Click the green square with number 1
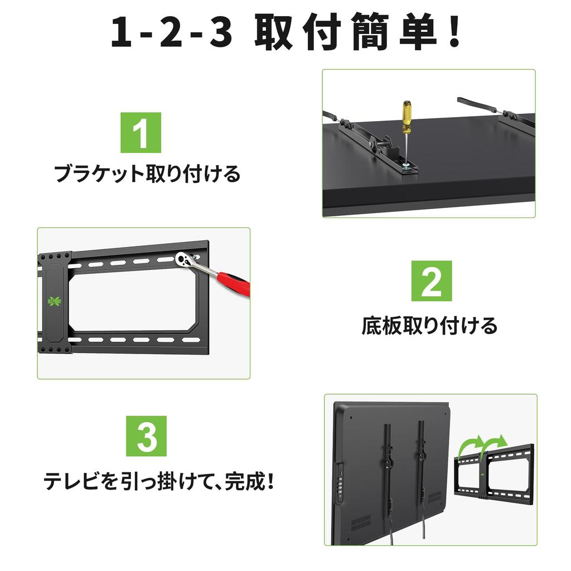coord(141,133)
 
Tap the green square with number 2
coord(432,281)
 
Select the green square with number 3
coord(147,436)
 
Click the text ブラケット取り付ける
coord(147,174)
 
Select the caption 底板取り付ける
coord(429,325)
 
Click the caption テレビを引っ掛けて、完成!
coord(159,481)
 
